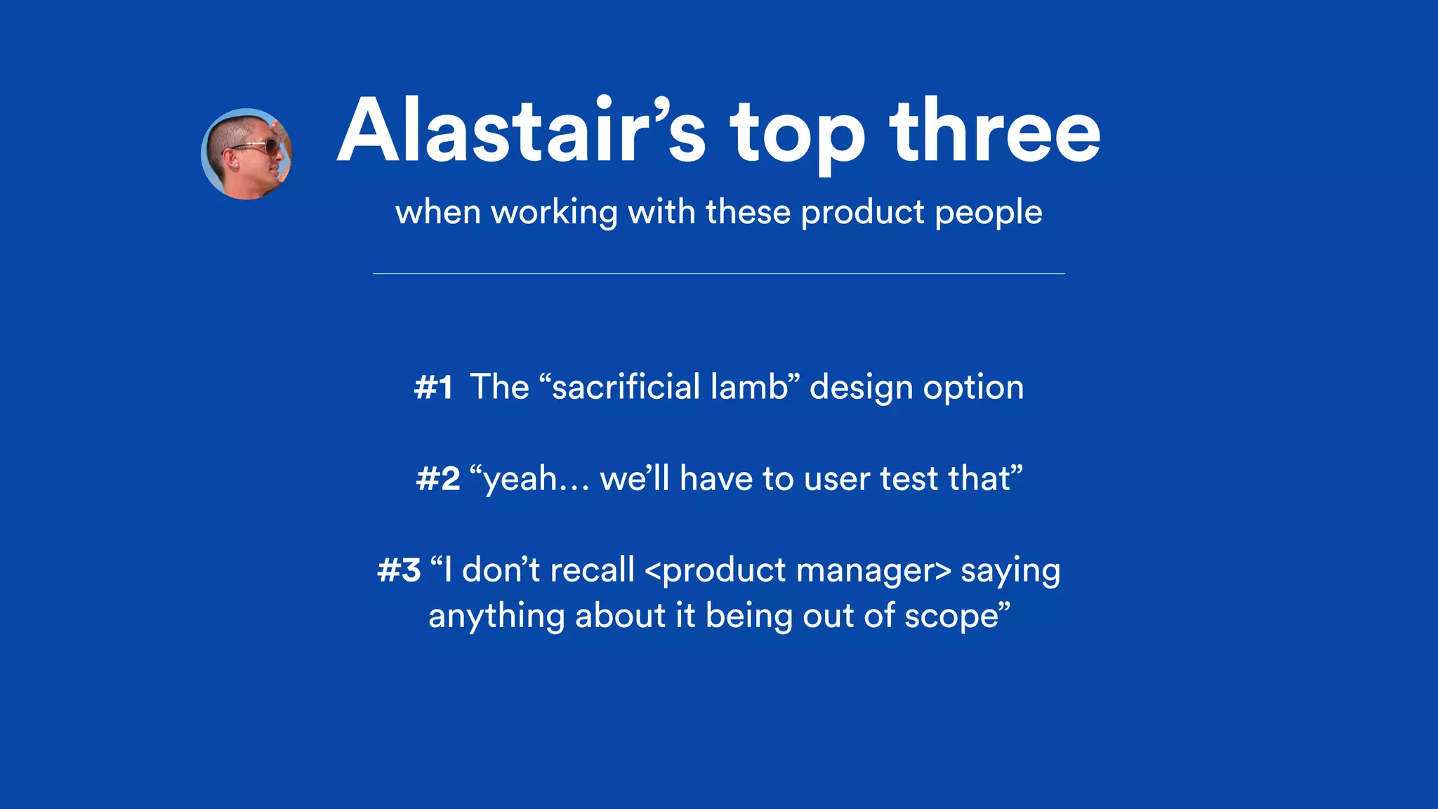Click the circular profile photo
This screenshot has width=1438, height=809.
tap(246, 154)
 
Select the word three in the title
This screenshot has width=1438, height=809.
tap(994, 132)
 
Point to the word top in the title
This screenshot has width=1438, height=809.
tap(798, 137)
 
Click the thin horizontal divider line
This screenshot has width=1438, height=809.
tap(718, 273)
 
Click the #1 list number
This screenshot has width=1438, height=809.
tap(433, 388)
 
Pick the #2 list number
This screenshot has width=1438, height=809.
tap(438, 479)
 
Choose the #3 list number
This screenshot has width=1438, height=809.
tap(399, 570)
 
